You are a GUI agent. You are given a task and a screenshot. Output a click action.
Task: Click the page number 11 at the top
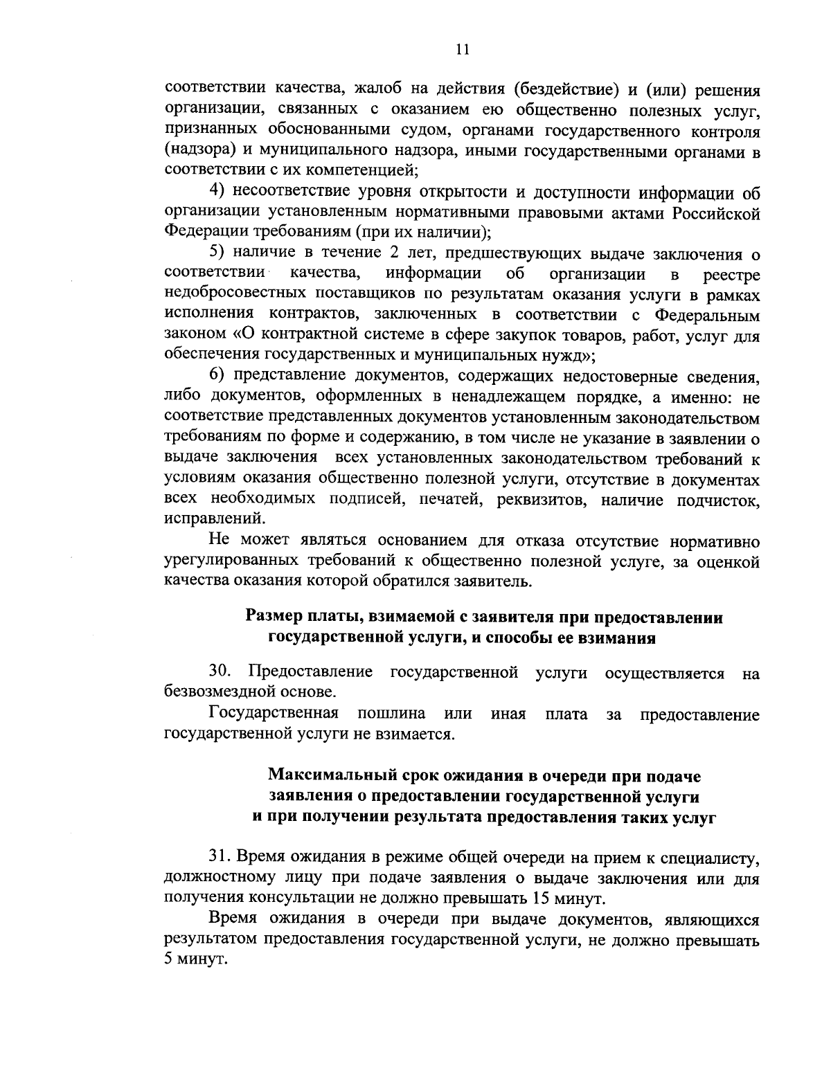(x=463, y=49)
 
